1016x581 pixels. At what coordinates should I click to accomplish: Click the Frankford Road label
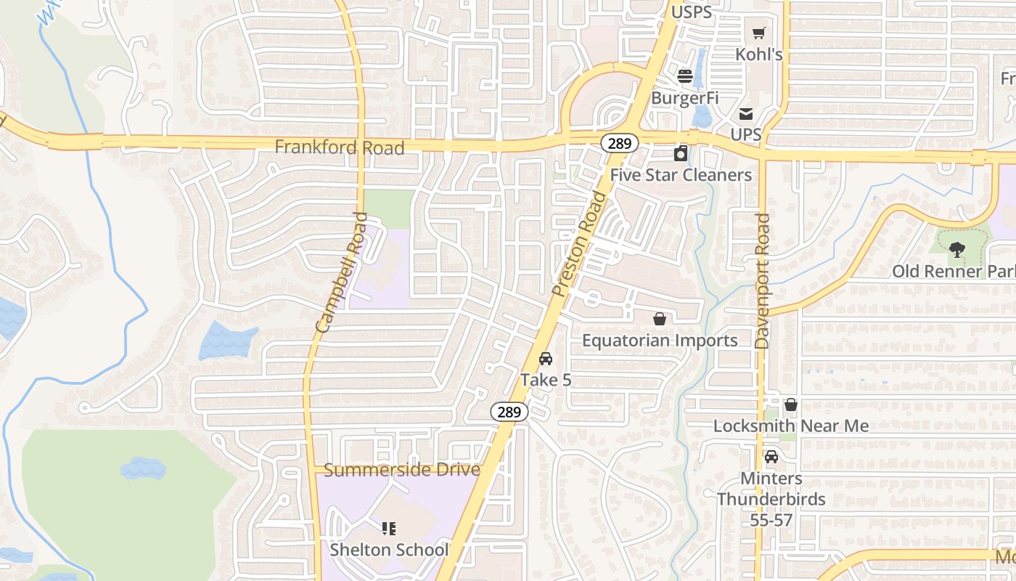pos(339,147)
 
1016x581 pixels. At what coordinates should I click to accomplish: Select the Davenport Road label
pos(762,280)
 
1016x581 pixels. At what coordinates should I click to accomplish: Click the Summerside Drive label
pos(401,470)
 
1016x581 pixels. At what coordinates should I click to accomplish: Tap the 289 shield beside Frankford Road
pos(619,143)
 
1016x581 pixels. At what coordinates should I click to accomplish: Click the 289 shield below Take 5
pos(509,412)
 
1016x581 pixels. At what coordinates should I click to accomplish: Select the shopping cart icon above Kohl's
pos(758,33)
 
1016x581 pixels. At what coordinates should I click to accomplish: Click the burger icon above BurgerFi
pos(684,76)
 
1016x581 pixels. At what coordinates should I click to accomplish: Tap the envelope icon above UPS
pos(746,113)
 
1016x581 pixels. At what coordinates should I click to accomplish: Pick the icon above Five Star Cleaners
pos(681,153)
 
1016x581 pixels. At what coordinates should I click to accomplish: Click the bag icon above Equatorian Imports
pos(660,319)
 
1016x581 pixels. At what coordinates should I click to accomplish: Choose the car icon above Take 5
pos(546,359)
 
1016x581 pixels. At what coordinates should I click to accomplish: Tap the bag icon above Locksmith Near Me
pos(791,405)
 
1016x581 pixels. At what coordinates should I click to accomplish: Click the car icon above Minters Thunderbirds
pos(771,457)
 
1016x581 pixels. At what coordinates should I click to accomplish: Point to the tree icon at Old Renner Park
pos(957,250)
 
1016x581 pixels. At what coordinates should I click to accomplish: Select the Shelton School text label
pos(389,550)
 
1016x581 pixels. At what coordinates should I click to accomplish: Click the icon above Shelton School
pos(389,528)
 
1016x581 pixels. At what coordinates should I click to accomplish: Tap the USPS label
pos(691,12)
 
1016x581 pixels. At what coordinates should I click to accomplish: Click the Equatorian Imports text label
pos(660,341)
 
